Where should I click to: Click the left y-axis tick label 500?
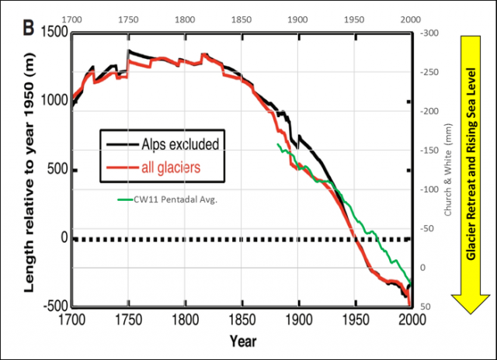pos(56,169)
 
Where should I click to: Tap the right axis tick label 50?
pos(426,306)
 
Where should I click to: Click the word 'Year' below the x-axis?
pos(242,341)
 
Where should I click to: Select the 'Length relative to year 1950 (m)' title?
pos(28,178)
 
